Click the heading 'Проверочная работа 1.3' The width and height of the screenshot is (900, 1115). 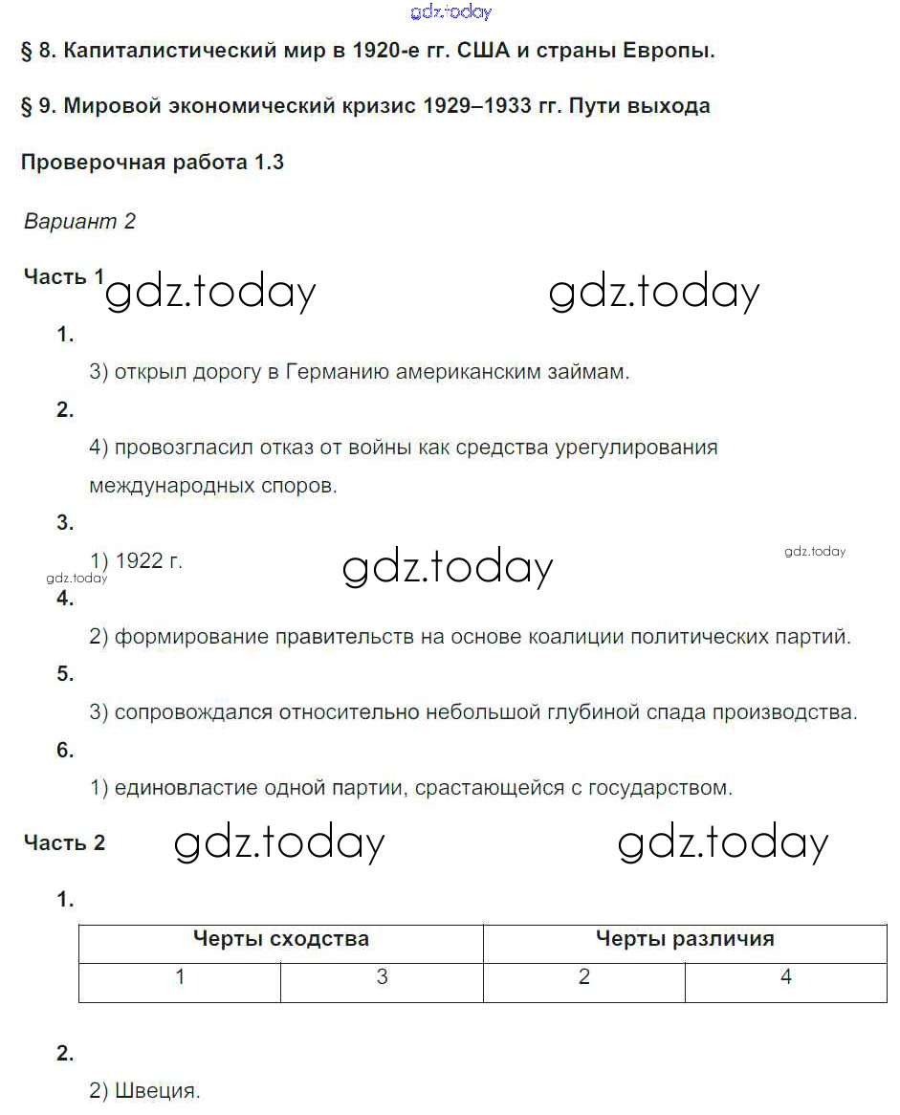coord(152,162)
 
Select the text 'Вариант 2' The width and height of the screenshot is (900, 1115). coord(79,222)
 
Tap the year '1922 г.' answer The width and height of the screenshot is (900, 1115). coord(148,561)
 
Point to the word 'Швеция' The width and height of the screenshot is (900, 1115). coord(157,1090)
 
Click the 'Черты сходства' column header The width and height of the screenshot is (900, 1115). coord(280,939)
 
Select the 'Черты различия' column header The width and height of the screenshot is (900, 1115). coord(685,939)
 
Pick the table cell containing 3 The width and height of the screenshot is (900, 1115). coord(382,977)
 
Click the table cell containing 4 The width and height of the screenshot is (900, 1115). coord(786,977)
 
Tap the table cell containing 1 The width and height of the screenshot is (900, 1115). coord(180,977)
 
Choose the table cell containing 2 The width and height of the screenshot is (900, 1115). coord(584,977)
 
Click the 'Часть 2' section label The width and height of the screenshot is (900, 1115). coord(64,843)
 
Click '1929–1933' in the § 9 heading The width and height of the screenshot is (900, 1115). coord(476,106)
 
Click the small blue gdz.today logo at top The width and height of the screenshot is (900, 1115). coord(450,11)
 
